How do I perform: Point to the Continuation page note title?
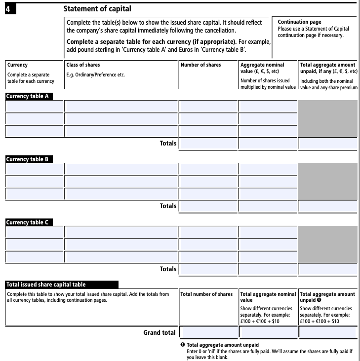pyautogui.click(x=299, y=22)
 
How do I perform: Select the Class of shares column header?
pyautogui.click(x=83, y=65)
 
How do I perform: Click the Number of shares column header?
pyautogui.click(x=200, y=65)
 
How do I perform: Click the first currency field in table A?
pyautogui.click(x=34, y=106)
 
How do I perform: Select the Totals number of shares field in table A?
pyautogui.click(x=208, y=144)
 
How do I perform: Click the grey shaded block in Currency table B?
pyautogui.click(x=327, y=181)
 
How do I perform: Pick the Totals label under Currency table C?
pyautogui.click(x=168, y=269)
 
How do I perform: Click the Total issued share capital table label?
pyautogui.click(x=46, y=285)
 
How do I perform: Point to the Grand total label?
pyautogui.click(x=159, y=332)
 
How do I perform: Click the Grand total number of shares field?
pyautogui.click(x=208, y=332)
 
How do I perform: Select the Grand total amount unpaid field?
pyautogui.click(x=327, y=332)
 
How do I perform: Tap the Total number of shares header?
pyautogui.click(x=206, y=294)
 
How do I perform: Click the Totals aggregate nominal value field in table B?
pyautogui.click(x=268, y=206)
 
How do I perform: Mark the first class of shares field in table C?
pyautogui.click(x=120, y=232)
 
